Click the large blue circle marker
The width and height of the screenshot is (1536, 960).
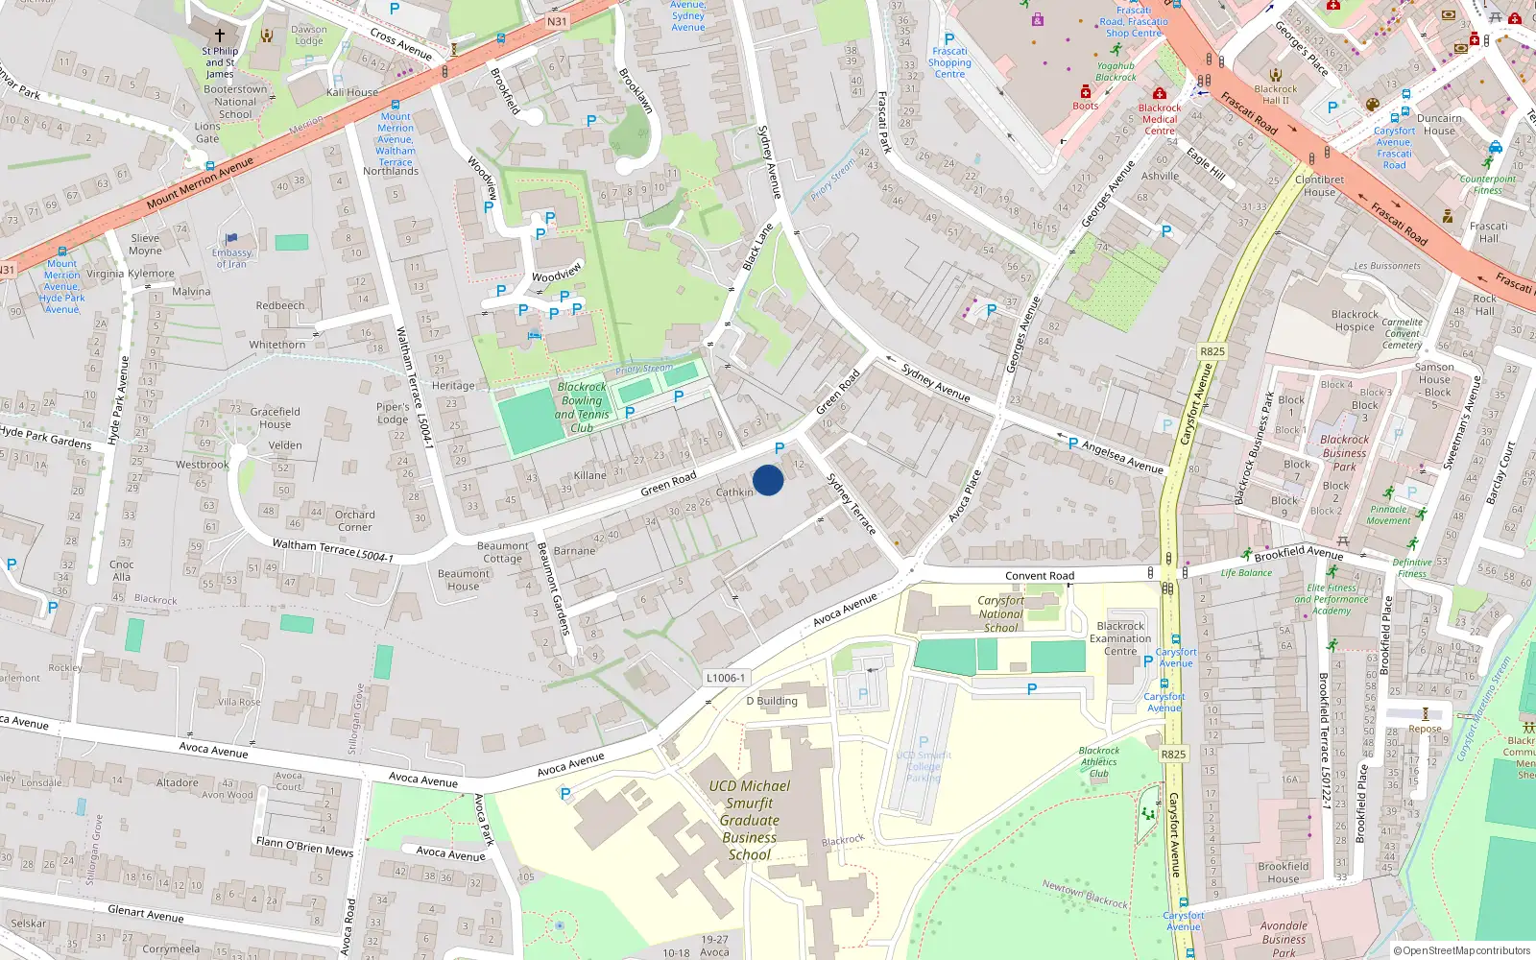click(x=768, y=480)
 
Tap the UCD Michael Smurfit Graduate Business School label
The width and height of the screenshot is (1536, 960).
click(x=750, y=820)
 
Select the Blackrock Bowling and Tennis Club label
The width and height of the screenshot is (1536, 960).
click(x=582, y=408)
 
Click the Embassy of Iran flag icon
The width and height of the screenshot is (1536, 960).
click(x=231, y=239)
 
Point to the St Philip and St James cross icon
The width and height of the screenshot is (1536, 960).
click(x=220, y=36)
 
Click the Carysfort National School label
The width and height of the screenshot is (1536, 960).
click(x=1001, y=613)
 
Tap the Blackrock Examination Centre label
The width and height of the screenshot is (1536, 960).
click(x=1120, y=638)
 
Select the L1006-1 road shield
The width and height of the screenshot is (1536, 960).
click(x=725, y=678)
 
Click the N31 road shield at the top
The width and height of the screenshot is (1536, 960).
click(x=557, y=21)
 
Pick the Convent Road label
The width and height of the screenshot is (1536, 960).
click(x=1040, y=576)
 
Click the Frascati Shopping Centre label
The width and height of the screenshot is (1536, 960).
click(x=949, y=62)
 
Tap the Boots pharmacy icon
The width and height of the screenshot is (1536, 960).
click(x=1086, y=92)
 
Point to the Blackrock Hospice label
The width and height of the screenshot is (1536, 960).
click(x=1355, y=321)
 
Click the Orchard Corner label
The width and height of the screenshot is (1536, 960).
click(x=355, y=520)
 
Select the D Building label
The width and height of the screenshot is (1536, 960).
click(x=772, y=701)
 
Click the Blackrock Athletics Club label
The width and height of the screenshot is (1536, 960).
click(x=1099, y=762)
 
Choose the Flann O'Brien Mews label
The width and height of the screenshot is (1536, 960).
click(x=304, y=846)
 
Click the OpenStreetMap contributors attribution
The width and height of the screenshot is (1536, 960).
click(x=1461, y=950)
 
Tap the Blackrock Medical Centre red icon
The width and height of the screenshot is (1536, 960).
click(x=1160, y=94)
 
